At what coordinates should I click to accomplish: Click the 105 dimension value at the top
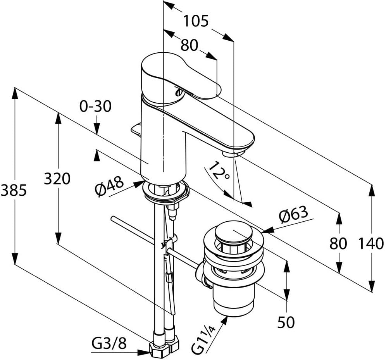(196, 21)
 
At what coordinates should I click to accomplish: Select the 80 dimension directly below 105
(190, 46)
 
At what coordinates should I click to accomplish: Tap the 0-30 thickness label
(95, 106)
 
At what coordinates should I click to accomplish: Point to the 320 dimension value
(57, 179)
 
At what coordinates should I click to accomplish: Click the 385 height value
(14, 190)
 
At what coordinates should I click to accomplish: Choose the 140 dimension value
(371, 244)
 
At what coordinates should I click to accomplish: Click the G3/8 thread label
(109, 343)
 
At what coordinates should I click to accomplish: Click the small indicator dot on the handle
(179, 93)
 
